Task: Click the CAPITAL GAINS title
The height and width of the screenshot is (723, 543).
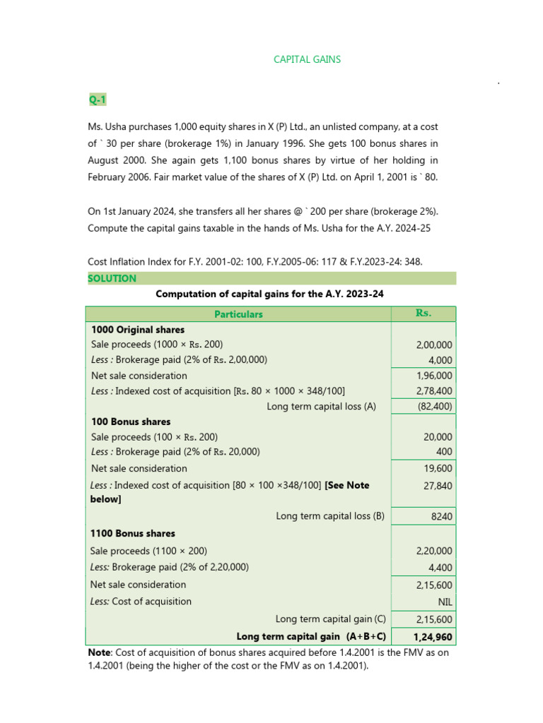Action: [x=307, y=59]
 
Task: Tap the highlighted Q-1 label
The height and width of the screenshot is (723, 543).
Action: [x=97, y=100]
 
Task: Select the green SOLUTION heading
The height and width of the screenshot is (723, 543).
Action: [x=112, y=278]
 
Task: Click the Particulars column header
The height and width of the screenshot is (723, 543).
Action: [x=238, y=314]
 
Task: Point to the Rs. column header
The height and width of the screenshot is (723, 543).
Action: [x=424, y=313]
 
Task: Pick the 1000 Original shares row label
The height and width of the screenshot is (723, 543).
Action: [x=138, y=330]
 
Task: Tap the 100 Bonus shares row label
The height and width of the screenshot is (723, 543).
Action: [x=131, y=422]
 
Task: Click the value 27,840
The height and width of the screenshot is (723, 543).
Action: [x=438, y=486]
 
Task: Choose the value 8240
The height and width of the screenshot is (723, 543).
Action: [x=442, y=516]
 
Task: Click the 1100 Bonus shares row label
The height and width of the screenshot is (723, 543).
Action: [x=133, y=533]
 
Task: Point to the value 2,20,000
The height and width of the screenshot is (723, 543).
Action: [x=434, y=551]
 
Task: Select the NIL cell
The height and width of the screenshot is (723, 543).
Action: [x=445, y=602]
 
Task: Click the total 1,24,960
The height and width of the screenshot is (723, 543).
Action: [x=433, y=637]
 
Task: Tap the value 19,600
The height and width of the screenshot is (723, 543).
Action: [x=438, y=468]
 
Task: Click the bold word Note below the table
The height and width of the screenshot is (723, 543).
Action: [x=99, y=652]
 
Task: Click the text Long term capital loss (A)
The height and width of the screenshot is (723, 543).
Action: [x=321, y=406]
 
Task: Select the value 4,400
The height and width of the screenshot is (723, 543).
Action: [x=440, y=568]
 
